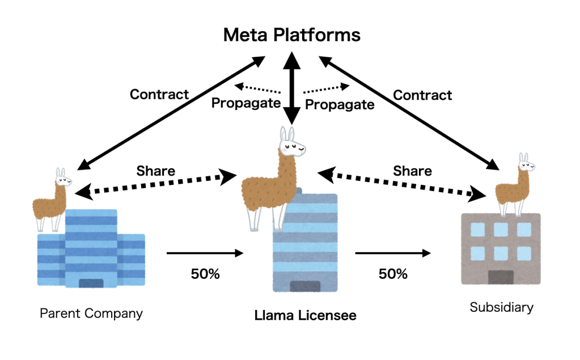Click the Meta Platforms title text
(x=291, y=35)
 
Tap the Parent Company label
(x=91, y=313)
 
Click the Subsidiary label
(x=501, y=308)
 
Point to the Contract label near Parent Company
(x=159, y=94)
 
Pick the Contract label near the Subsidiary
(x=422, y=95)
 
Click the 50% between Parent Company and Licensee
(x=205, y=274)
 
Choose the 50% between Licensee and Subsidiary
(x=393, y=274)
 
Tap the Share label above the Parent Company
(x=155, y=171)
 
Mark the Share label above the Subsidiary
(x=412, y=171)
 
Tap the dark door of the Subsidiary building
(x=501, y=277)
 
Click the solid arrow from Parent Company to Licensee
(x=205, y=253)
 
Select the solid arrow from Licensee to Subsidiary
(x=393, y=253)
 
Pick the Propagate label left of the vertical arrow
(x=245, y=103)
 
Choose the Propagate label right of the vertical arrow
(x=340, y=104)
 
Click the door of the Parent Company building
(x=91, y=283)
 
